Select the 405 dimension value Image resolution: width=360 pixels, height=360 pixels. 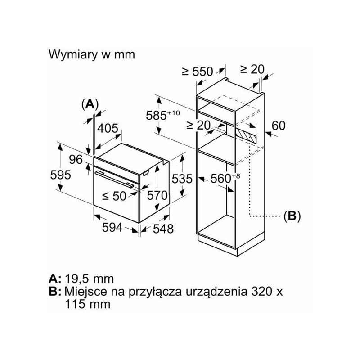click(x=108, y=128)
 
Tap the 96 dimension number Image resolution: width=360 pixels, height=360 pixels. click(x=76, y=159)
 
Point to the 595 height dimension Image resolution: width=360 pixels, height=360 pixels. click(x=61, y=175)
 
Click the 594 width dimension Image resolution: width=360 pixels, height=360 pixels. click(x=112, y=228)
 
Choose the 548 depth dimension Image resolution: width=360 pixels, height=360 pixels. click(x=163, y=229)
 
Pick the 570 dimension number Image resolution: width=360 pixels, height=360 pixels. click(x=157, y=196)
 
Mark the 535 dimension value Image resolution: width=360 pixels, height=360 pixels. click(x=182, y=179)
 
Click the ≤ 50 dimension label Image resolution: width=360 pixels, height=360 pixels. click(x=114, y=196)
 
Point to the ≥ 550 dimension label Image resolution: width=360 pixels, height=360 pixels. click(x=198, y=72)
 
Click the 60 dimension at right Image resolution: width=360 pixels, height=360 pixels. click(x=279, y=126)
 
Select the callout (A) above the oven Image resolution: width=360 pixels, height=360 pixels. click(x=90, y=104)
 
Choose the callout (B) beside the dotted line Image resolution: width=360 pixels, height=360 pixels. click(x=292, y=216)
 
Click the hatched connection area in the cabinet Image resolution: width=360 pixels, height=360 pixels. click(x=246, y=135)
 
